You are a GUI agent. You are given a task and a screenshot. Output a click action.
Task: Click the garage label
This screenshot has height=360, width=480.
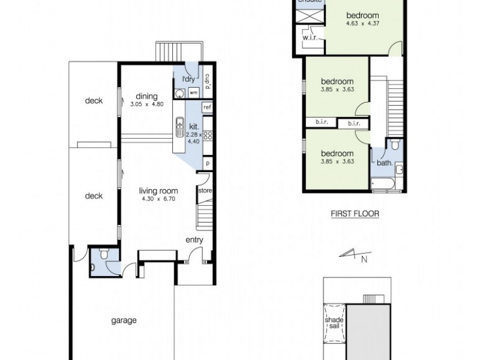click(123, 320)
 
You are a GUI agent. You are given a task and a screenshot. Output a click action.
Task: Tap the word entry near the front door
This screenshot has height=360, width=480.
click(194, 240)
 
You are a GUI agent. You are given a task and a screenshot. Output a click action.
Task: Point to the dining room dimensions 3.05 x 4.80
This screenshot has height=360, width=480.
click(146, 104)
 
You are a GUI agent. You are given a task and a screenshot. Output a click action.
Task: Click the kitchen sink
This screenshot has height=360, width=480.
click(179, 127)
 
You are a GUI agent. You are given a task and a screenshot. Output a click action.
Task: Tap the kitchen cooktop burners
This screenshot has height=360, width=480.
click(208, 136)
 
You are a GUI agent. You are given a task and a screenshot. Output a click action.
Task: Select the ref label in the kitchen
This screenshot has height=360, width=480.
click(207, 107)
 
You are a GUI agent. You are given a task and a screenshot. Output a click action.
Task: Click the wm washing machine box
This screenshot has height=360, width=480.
click(194, 94)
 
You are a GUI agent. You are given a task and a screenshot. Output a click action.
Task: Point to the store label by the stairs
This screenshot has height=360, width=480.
click(204, 191)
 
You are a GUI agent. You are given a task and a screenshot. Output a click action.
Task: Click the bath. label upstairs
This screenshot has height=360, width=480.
click(384, 163)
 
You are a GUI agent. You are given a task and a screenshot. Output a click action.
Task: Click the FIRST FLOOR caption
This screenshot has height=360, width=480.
click(356, 213)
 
